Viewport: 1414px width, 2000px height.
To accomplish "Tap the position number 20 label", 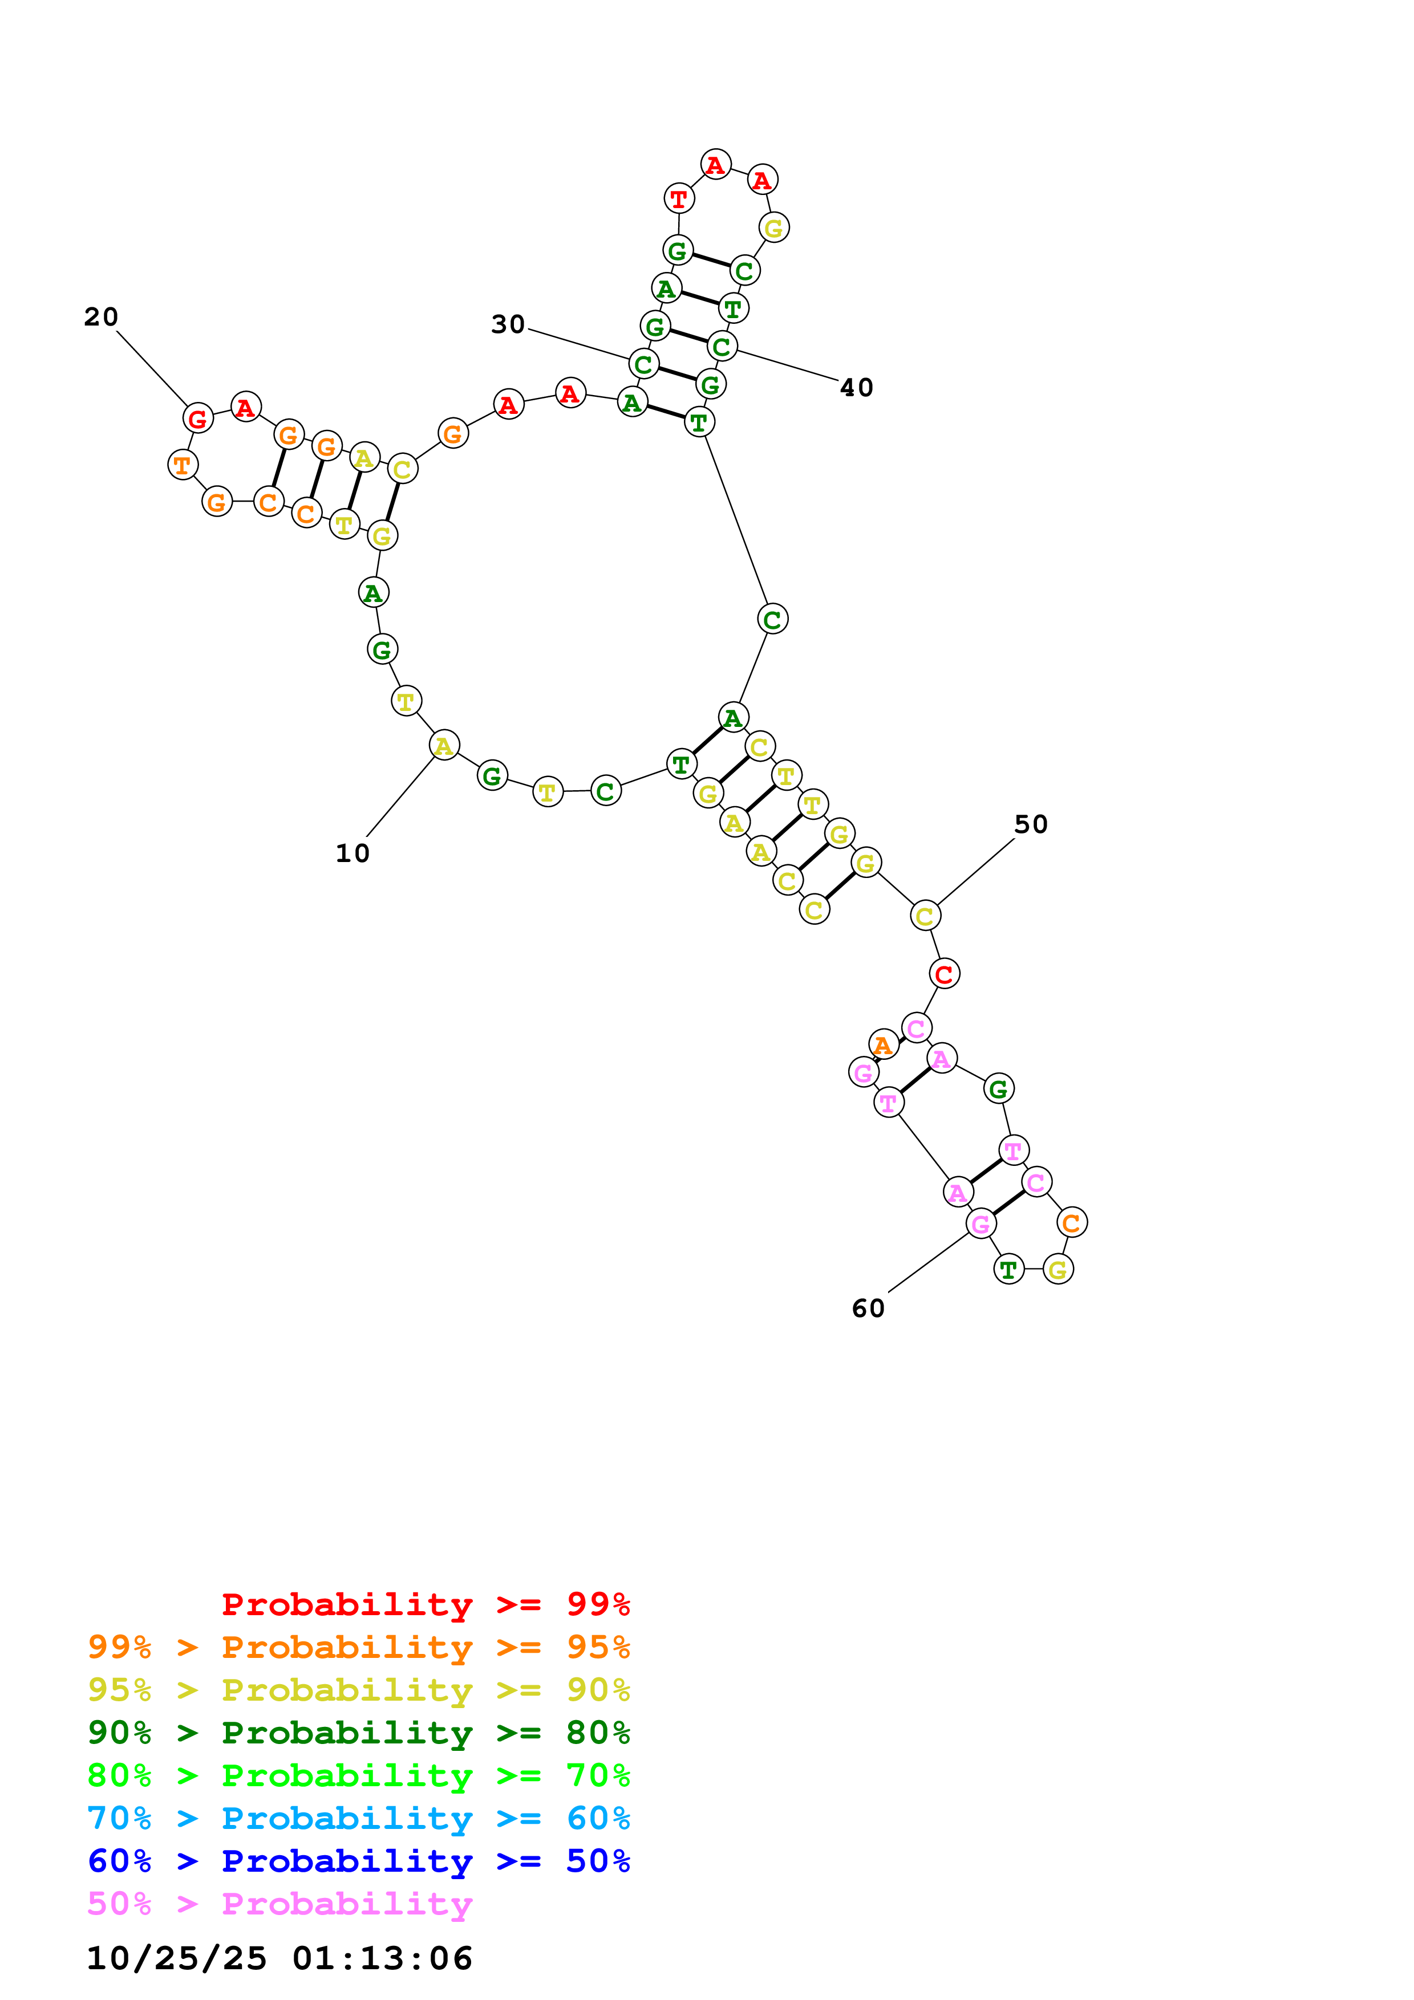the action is [101, 317].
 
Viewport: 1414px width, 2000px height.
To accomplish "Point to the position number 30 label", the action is [508, 325].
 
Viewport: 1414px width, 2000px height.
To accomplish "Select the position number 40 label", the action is [856, 388].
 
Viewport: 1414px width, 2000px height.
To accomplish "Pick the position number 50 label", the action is [1031, 824].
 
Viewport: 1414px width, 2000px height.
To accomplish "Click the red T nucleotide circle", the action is [679, 198].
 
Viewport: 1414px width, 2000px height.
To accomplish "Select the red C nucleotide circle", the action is [945, 974].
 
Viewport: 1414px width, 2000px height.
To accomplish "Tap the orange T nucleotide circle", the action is [182, 465].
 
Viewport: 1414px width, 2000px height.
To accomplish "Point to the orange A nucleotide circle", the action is [884, 1044].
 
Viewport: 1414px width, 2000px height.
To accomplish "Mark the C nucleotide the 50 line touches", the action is [925, 916].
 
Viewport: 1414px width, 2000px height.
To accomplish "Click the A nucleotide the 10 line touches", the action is [444, 746].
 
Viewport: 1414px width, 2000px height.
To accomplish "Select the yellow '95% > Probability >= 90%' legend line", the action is [359, 1690].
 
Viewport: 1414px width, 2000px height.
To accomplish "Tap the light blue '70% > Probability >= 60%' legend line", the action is [359, 1818].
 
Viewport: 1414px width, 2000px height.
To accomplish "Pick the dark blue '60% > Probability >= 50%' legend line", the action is [359, 1861].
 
